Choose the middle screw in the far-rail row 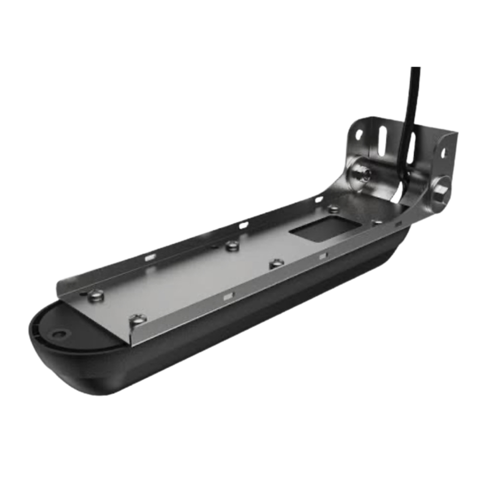pos(231,245)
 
